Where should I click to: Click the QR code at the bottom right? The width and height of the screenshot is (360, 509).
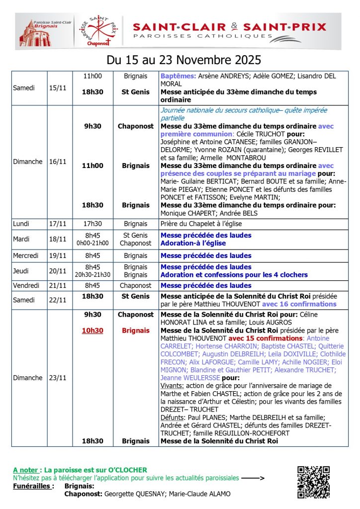click(x=313, y=482)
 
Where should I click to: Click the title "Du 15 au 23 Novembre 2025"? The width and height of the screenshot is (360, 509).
click(x=184, y=60)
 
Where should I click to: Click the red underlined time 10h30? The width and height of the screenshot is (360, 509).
click(x=92, y=330)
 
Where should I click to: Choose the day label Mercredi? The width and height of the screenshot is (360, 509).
click(x=28, y=255)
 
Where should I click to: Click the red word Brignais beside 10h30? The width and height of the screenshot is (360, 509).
click(x=136, y=330)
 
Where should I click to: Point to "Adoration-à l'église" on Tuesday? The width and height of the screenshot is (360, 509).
click(x=193, y=243)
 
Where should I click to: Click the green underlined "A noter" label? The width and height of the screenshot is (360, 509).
click(x=27, y=470)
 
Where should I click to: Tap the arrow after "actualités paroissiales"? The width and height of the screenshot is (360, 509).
click(x=253, y=478)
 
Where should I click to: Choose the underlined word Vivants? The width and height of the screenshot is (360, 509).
click(x=173, y=386)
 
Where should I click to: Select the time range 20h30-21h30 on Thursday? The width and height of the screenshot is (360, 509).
click(x=92, y=275)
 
